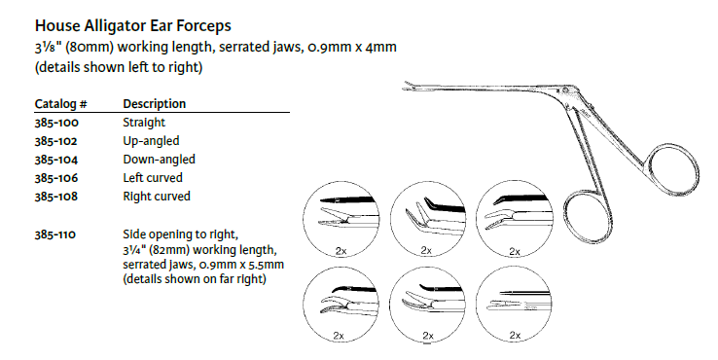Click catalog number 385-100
pos(56,123)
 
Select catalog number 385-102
pos(56,141)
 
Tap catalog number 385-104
pos(56,160)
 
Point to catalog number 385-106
pos(56,178)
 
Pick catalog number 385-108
pos(56,197)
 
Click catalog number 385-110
pos(55,234)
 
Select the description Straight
pos(144,123)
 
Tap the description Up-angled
pos(151,141)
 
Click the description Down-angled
pos(159,160)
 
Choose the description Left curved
pos(153,178)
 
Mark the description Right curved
pos(157,197)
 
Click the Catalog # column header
pos(61,104)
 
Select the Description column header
pos(155,104)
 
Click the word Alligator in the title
pos(113,26)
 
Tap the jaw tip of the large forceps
pos(404,86)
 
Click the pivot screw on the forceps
pos(566,89)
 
